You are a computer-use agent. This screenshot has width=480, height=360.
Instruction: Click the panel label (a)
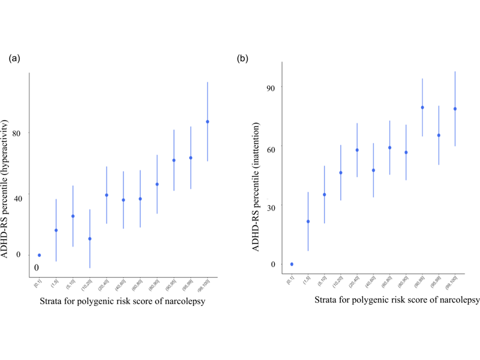14,59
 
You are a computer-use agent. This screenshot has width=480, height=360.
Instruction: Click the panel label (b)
243,59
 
